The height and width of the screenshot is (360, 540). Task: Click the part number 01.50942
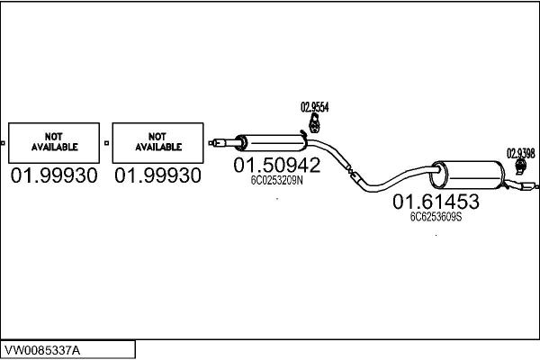coord(277,165)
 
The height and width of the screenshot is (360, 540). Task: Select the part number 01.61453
coord(436,202)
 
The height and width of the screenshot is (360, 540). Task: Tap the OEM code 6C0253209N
coord(277,181)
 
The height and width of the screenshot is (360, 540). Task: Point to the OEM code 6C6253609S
coord(436,217)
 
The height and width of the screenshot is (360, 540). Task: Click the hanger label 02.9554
coord(315,107)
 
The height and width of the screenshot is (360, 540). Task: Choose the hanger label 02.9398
coord(521,153)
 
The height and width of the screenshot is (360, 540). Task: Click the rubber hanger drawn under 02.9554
coord(314,123)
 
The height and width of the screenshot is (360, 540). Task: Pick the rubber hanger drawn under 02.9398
coord(521,166)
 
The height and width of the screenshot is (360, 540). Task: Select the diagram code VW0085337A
coord(42,351)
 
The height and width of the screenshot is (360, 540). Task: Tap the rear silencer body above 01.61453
coord(468,175)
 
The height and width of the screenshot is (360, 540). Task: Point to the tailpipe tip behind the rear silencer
coord(528,186)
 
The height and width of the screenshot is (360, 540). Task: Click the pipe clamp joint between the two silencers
coord(351,172)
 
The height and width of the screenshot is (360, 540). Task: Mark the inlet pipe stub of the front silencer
coord(224,142)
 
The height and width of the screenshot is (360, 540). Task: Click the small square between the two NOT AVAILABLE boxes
coord(106,142)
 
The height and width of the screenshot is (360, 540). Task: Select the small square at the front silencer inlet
coord(211,142)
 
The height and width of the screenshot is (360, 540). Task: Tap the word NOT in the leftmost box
coord(54,137)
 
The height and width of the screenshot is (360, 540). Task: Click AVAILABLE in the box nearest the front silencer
coord(158,147)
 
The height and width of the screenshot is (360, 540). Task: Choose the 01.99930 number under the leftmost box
coord(54,175)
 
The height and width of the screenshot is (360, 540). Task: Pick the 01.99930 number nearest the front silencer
coord(157,175)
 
